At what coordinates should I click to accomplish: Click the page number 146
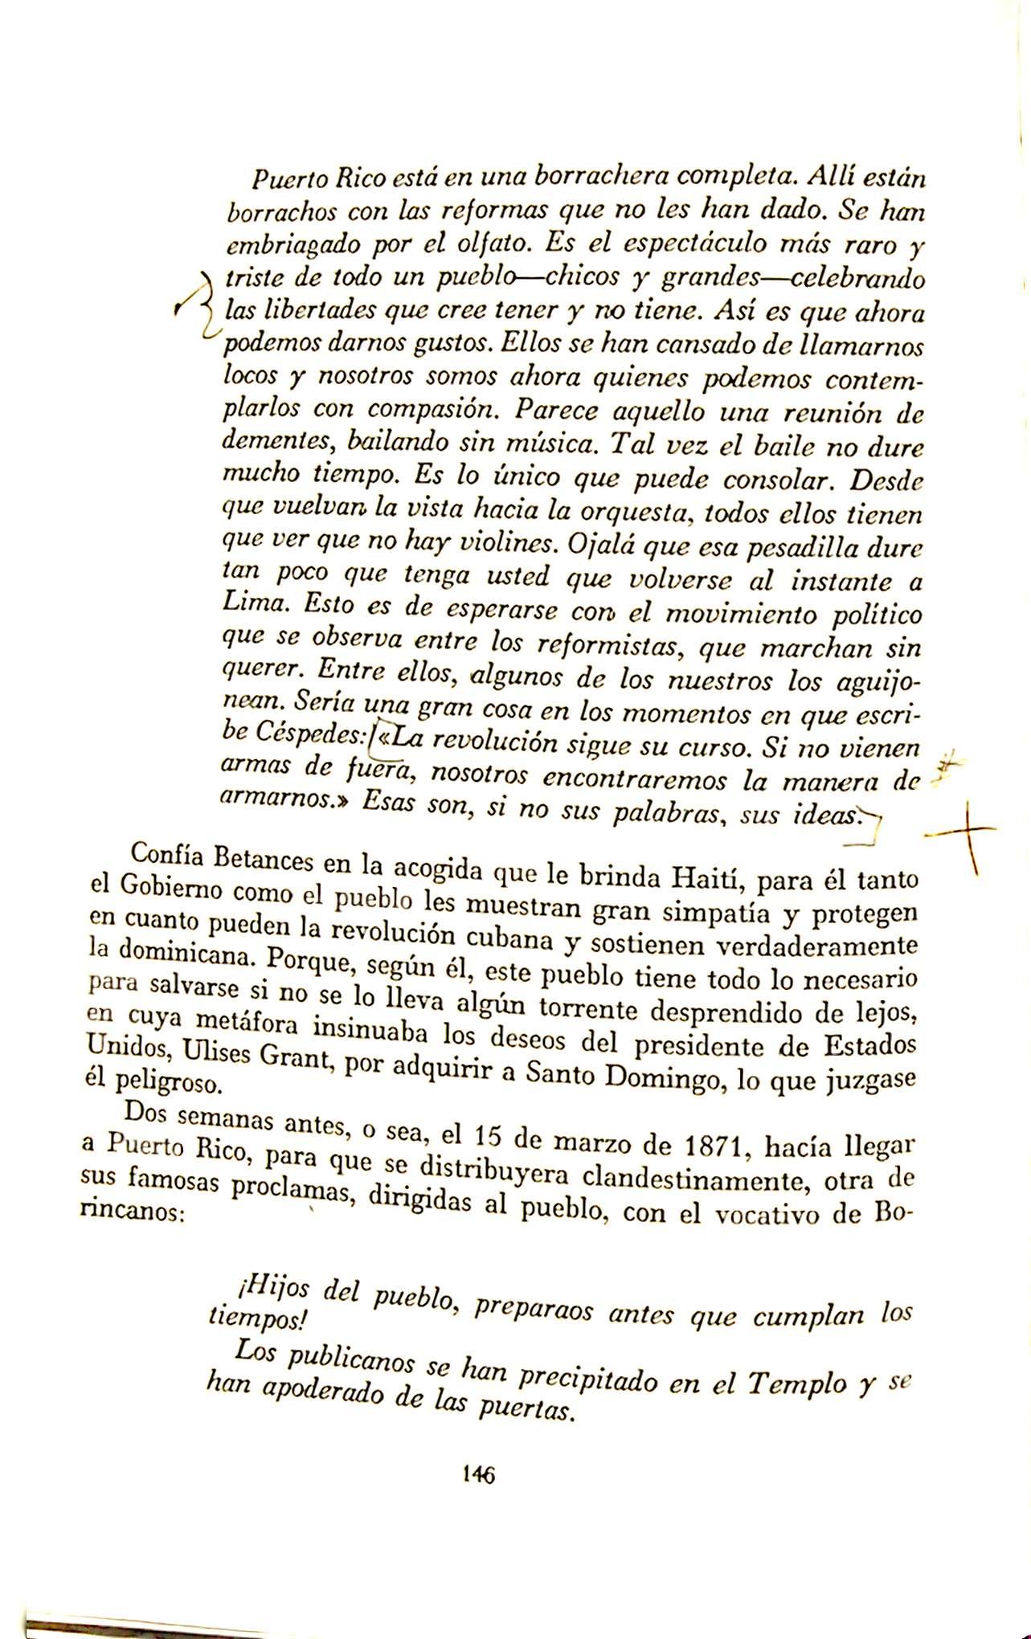coord(477,1473)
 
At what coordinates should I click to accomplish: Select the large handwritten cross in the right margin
coord(963,836)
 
